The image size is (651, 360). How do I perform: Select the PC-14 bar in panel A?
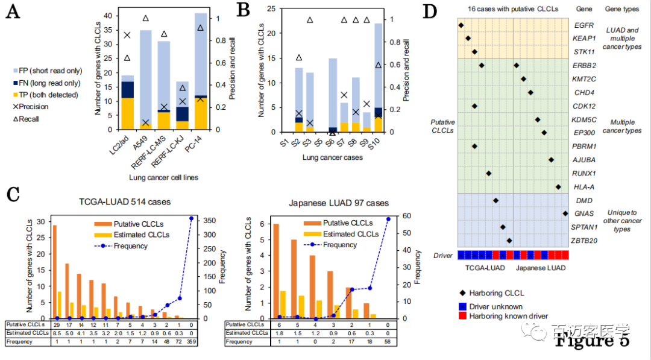(x=201, y=72)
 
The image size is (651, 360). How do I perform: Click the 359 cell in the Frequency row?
(x=192, y=342)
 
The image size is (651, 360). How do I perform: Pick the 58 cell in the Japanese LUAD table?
(x=388, y=342)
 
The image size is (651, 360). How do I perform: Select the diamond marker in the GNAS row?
(x=565, y=213)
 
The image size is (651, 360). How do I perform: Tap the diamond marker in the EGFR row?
(x=461, y=25)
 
